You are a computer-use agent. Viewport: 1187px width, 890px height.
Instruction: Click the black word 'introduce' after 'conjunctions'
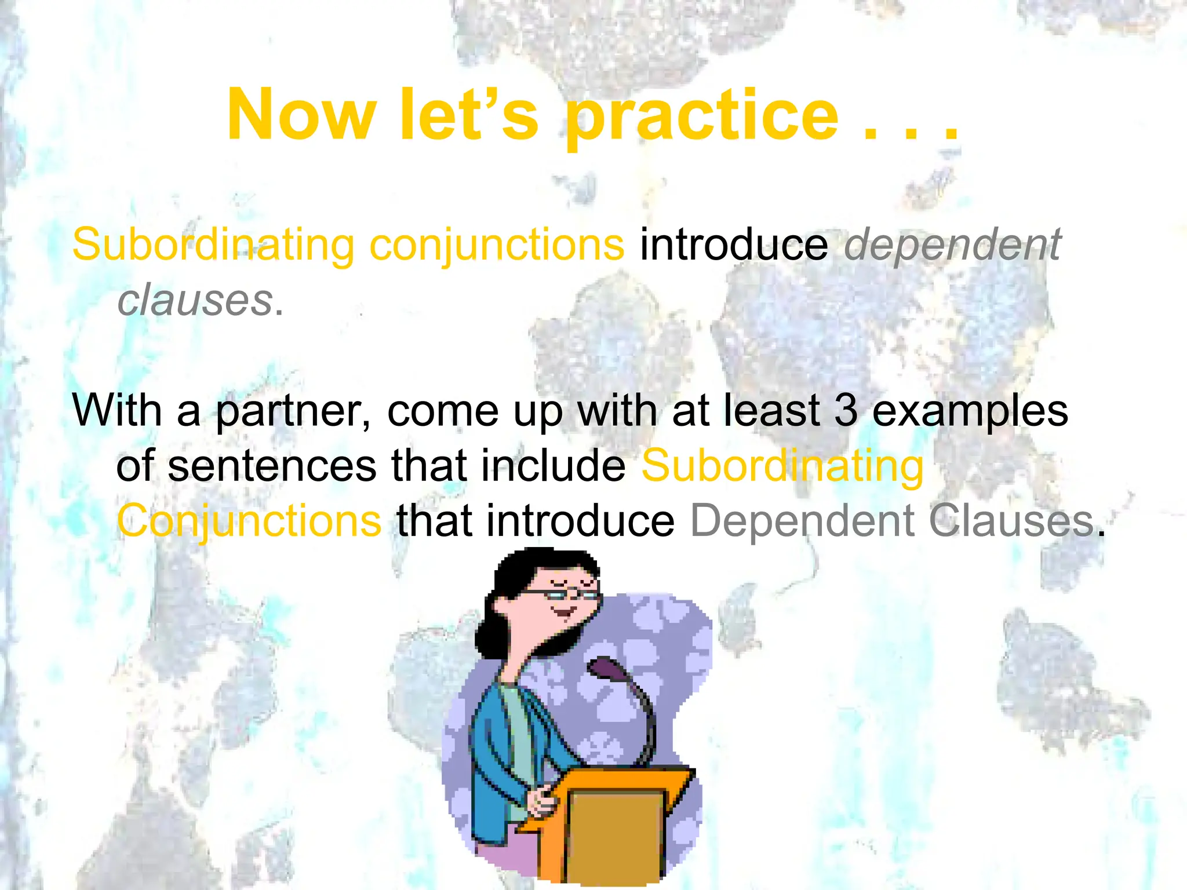[x=734, y=245]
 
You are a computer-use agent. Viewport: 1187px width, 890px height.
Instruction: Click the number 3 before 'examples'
[x=846, y=410]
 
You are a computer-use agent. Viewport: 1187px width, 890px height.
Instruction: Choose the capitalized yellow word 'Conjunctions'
[x=249, y=521]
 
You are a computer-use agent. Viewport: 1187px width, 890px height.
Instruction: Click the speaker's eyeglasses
[x=560, y=593]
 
